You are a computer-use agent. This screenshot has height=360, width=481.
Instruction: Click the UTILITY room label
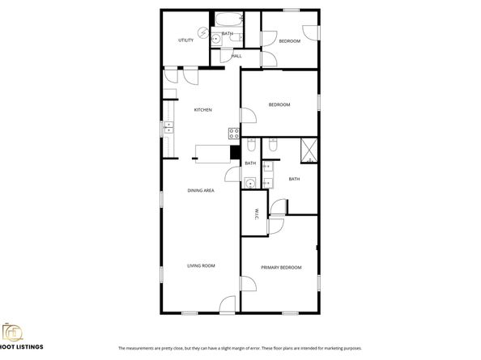185,40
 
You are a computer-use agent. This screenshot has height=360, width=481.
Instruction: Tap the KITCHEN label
202,109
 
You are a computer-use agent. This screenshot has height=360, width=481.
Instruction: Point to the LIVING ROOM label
201,265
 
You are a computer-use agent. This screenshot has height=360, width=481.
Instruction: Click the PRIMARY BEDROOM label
281,267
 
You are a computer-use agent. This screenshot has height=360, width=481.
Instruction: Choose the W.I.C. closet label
256,214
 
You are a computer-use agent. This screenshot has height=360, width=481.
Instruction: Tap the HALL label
237,56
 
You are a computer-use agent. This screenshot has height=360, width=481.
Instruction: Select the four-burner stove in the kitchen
234,132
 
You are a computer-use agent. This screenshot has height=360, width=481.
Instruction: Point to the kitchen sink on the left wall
169,127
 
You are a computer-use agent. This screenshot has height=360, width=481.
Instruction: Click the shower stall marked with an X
308,149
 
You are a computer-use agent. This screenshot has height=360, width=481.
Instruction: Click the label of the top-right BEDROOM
290,40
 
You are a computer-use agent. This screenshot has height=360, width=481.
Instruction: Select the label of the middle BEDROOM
279,104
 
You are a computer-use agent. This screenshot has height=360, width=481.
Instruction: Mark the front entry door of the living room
228,305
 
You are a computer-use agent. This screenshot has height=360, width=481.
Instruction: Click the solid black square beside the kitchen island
235,150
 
